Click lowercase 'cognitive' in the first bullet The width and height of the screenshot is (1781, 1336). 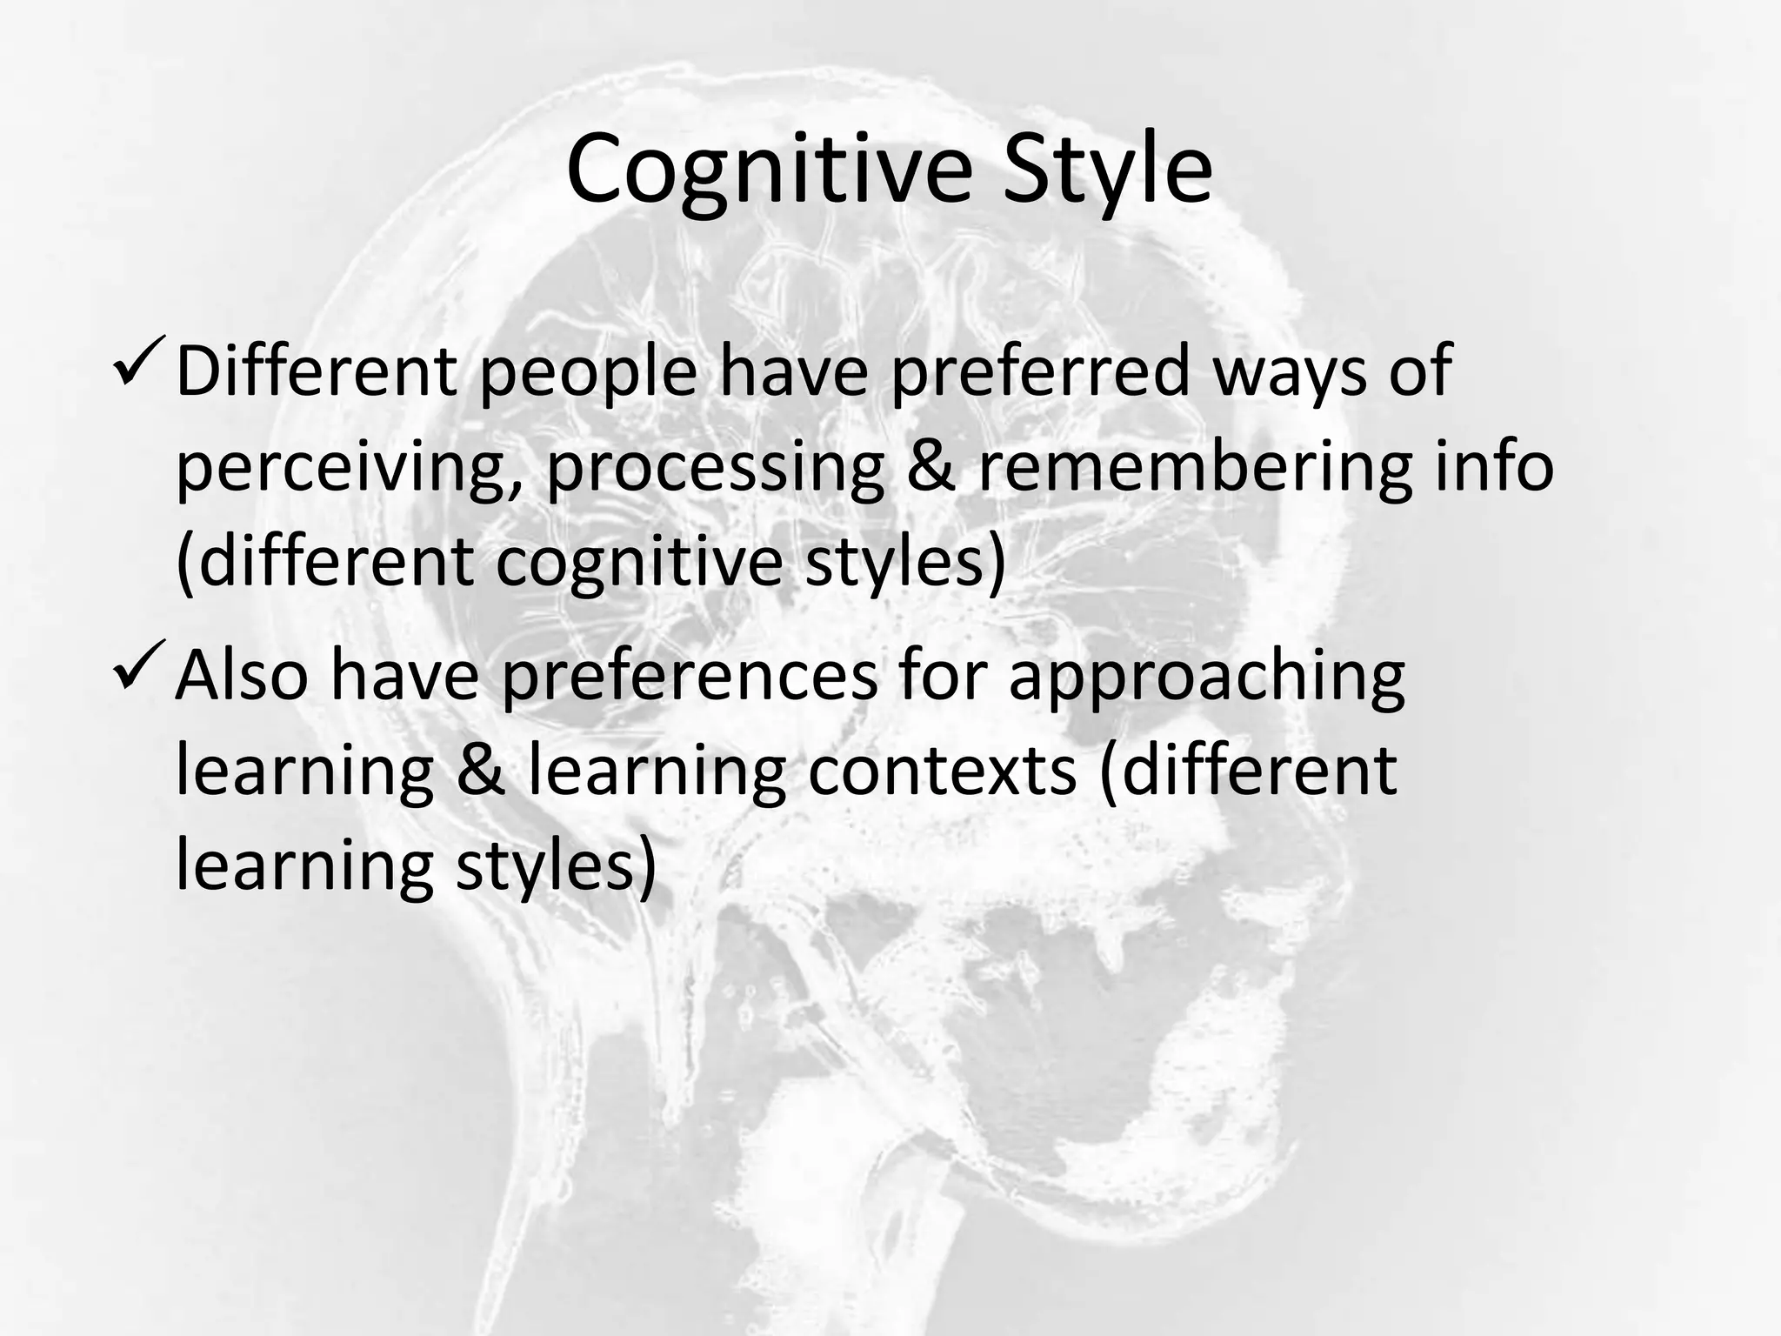click(639, 563)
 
